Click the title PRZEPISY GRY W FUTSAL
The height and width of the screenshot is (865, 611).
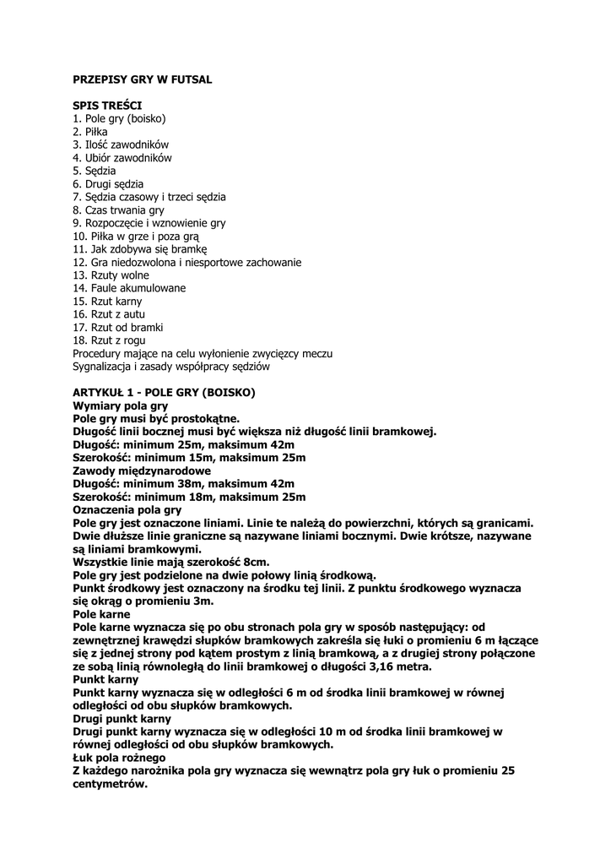142,79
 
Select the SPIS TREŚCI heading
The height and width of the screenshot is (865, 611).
106,106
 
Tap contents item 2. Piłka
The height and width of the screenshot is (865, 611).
90,132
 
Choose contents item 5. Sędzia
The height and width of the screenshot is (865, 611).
95,171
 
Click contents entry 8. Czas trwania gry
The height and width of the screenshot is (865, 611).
119,209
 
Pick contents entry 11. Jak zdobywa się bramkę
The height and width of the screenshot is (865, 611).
140,249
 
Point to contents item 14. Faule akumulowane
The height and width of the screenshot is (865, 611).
129,288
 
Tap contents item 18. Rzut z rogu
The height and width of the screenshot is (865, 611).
110,340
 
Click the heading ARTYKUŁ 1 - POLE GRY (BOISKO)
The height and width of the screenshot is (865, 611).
164,393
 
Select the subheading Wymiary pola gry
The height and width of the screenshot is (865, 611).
121,406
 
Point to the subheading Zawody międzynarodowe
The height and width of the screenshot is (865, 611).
142,471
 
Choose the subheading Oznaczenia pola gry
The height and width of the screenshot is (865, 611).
127,510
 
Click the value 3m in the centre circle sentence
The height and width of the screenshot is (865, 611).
203,601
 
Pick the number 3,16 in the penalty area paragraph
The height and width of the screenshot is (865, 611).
380,666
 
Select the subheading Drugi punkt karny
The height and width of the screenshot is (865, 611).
122,719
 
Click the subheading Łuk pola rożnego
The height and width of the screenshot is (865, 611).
119,758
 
